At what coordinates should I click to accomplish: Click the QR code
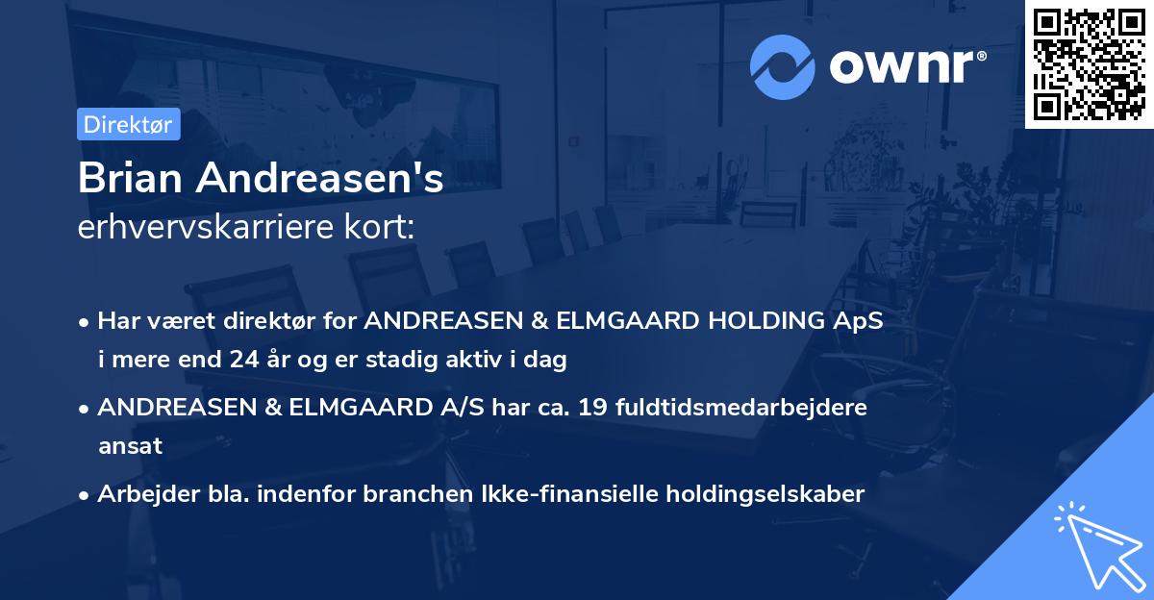click(x=1090, y=64)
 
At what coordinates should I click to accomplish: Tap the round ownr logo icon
click(x=783, y=67)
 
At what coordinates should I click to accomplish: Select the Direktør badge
click(x=129, y=125)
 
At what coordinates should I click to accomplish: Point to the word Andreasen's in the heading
click(x=318, y=179)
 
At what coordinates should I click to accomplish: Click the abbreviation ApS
click(x=860, y=320)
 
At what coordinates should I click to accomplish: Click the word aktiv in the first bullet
click(x=485, y=361)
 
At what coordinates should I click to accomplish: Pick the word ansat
click(x=130, y=446)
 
